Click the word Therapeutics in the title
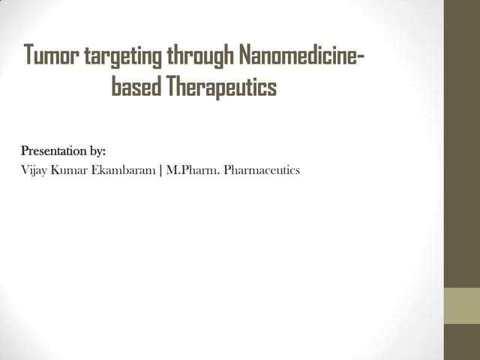[221, 88]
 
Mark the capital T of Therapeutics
[170, 87]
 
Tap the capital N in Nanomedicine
[244, 55]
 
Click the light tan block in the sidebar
[461, 306]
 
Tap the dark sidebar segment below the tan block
[461, 342]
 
